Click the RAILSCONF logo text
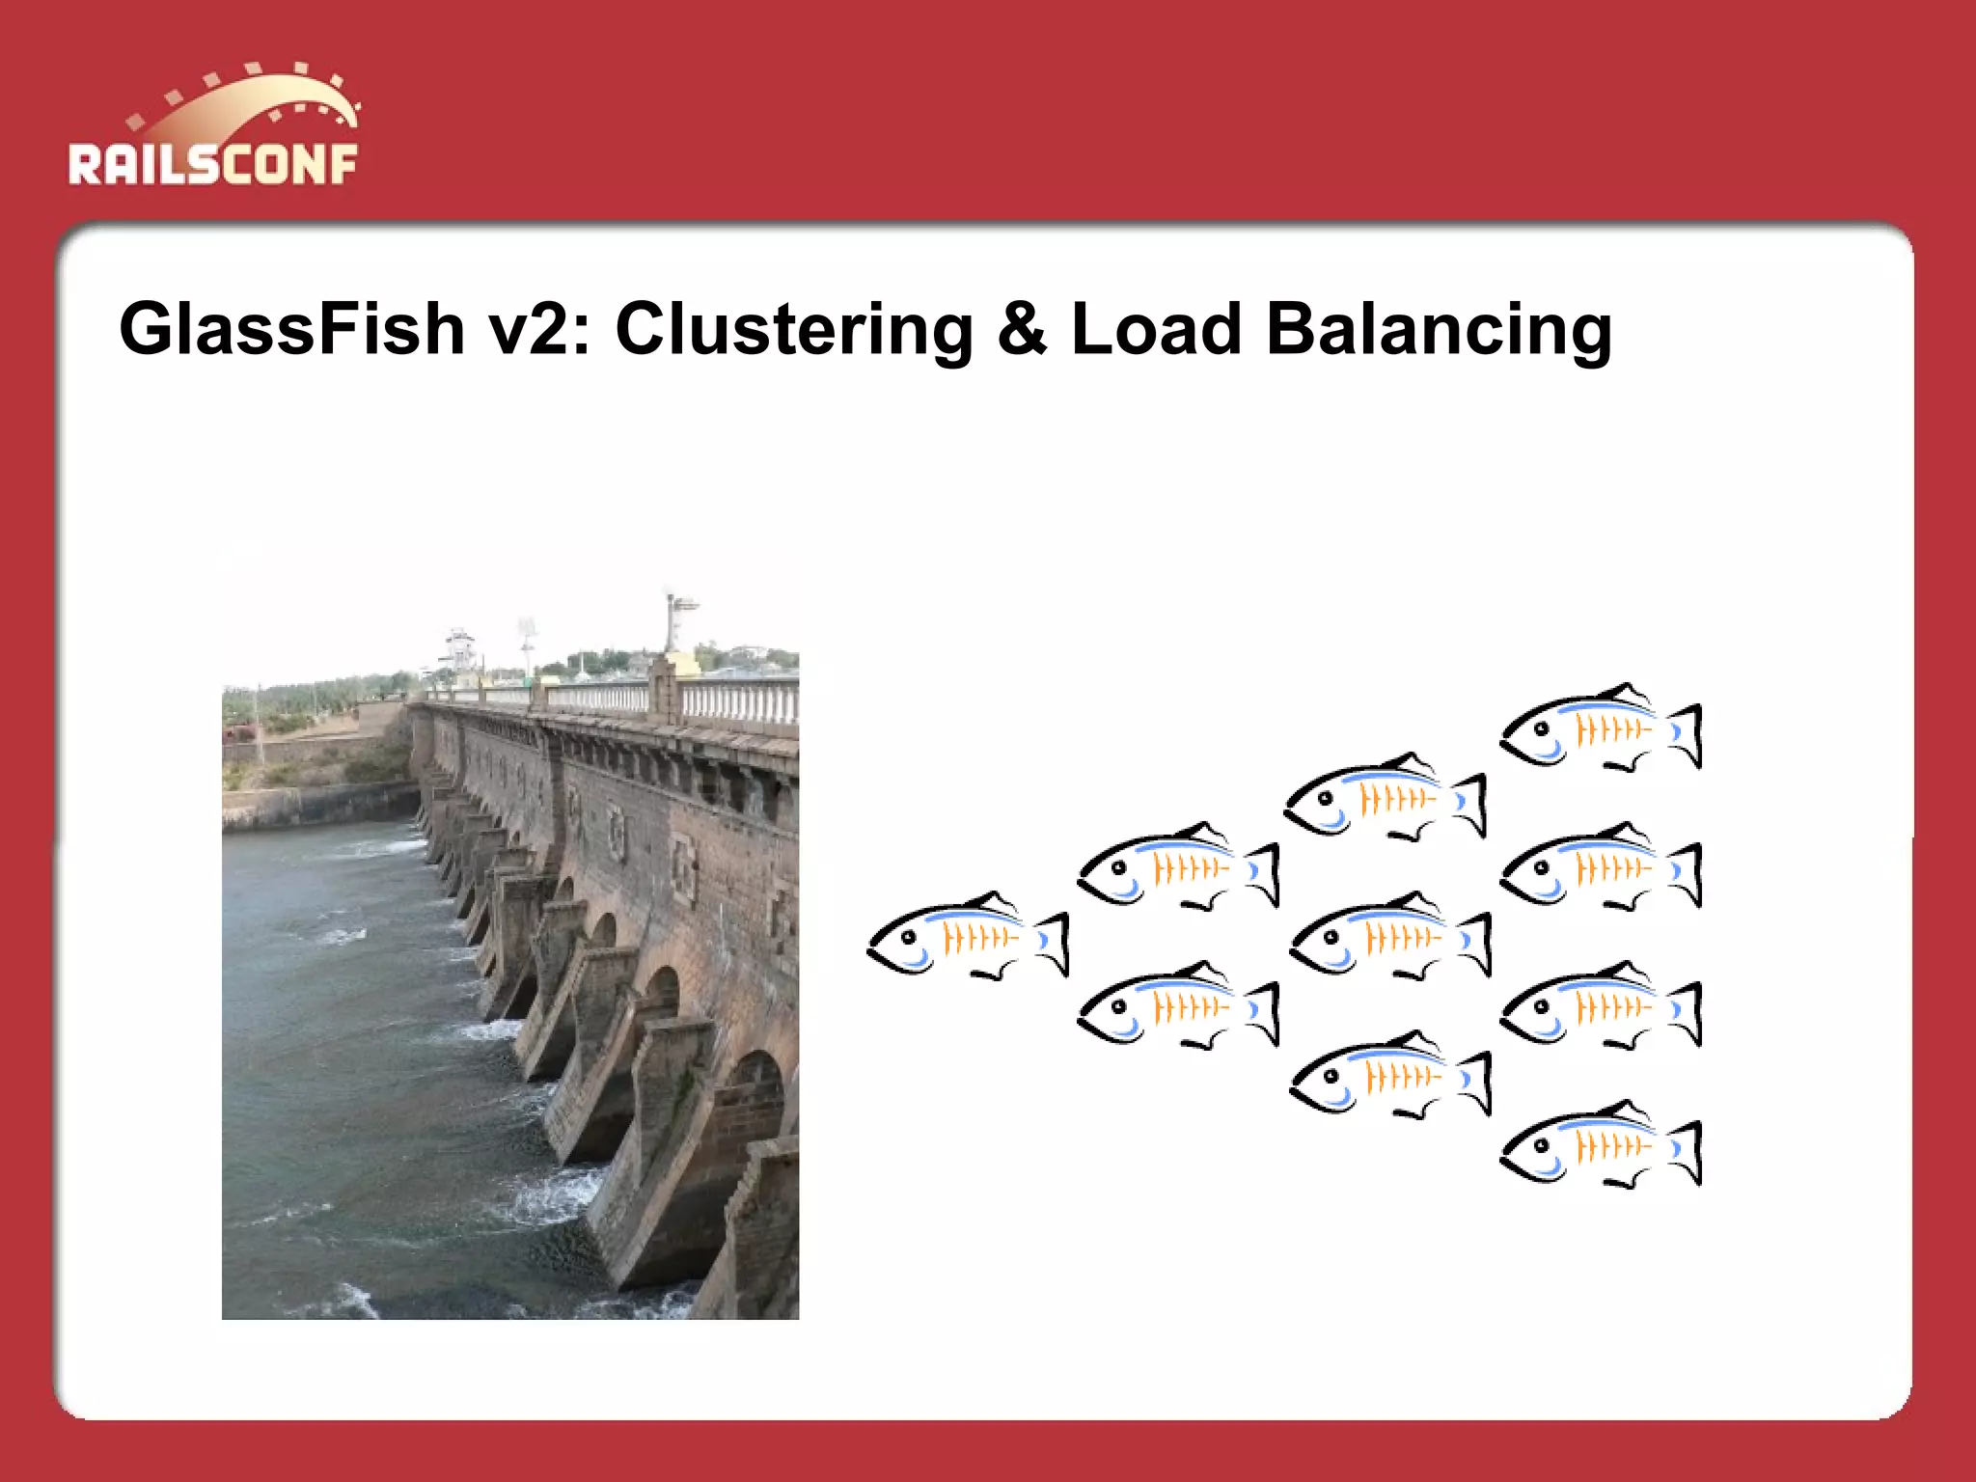click(x=212, y=164)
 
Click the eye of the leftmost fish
click(x=908, y=937)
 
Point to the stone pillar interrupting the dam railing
click(x=664, y=689)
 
